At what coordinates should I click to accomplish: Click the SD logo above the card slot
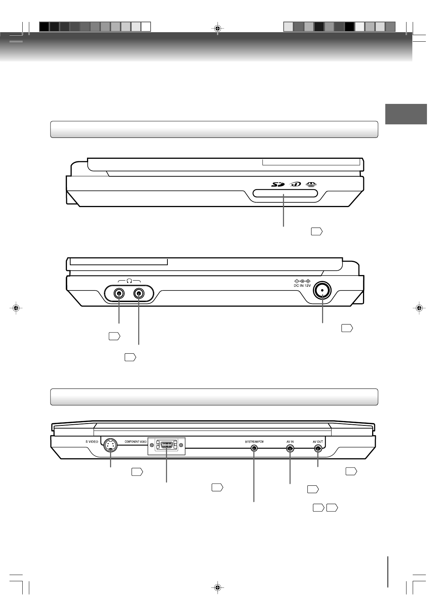pos(278,184)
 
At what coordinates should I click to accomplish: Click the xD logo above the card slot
pos(295,184)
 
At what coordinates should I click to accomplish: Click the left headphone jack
pos(119,293)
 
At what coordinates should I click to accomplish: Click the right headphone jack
pos(139,293)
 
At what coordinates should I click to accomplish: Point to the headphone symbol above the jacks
pos(129,281)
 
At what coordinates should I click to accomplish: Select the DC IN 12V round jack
pos(322,290)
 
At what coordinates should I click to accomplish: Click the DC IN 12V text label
pos(302,285)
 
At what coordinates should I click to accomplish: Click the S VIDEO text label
pos(92,442)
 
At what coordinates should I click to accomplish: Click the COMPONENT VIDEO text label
pos(136,442)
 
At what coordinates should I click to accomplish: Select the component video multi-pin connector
pos(167,446)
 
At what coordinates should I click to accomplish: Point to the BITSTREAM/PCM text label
pos(254,442)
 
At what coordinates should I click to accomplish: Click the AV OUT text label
pos(318,442)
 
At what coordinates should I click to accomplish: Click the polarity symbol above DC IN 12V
pos(302,281)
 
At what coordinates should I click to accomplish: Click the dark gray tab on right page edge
pos(406,114)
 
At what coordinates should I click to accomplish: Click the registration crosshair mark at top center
pos(217,28)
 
